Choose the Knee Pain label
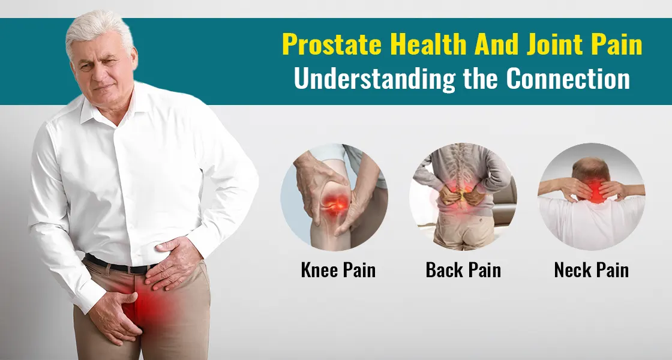(338, 270)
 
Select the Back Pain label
(463, 270)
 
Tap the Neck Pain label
(592, 270)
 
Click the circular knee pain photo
(334, 197)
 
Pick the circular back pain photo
(463, 197)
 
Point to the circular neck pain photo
(592, 197)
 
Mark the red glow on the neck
(596, 191)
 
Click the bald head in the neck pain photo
(591, 169)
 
